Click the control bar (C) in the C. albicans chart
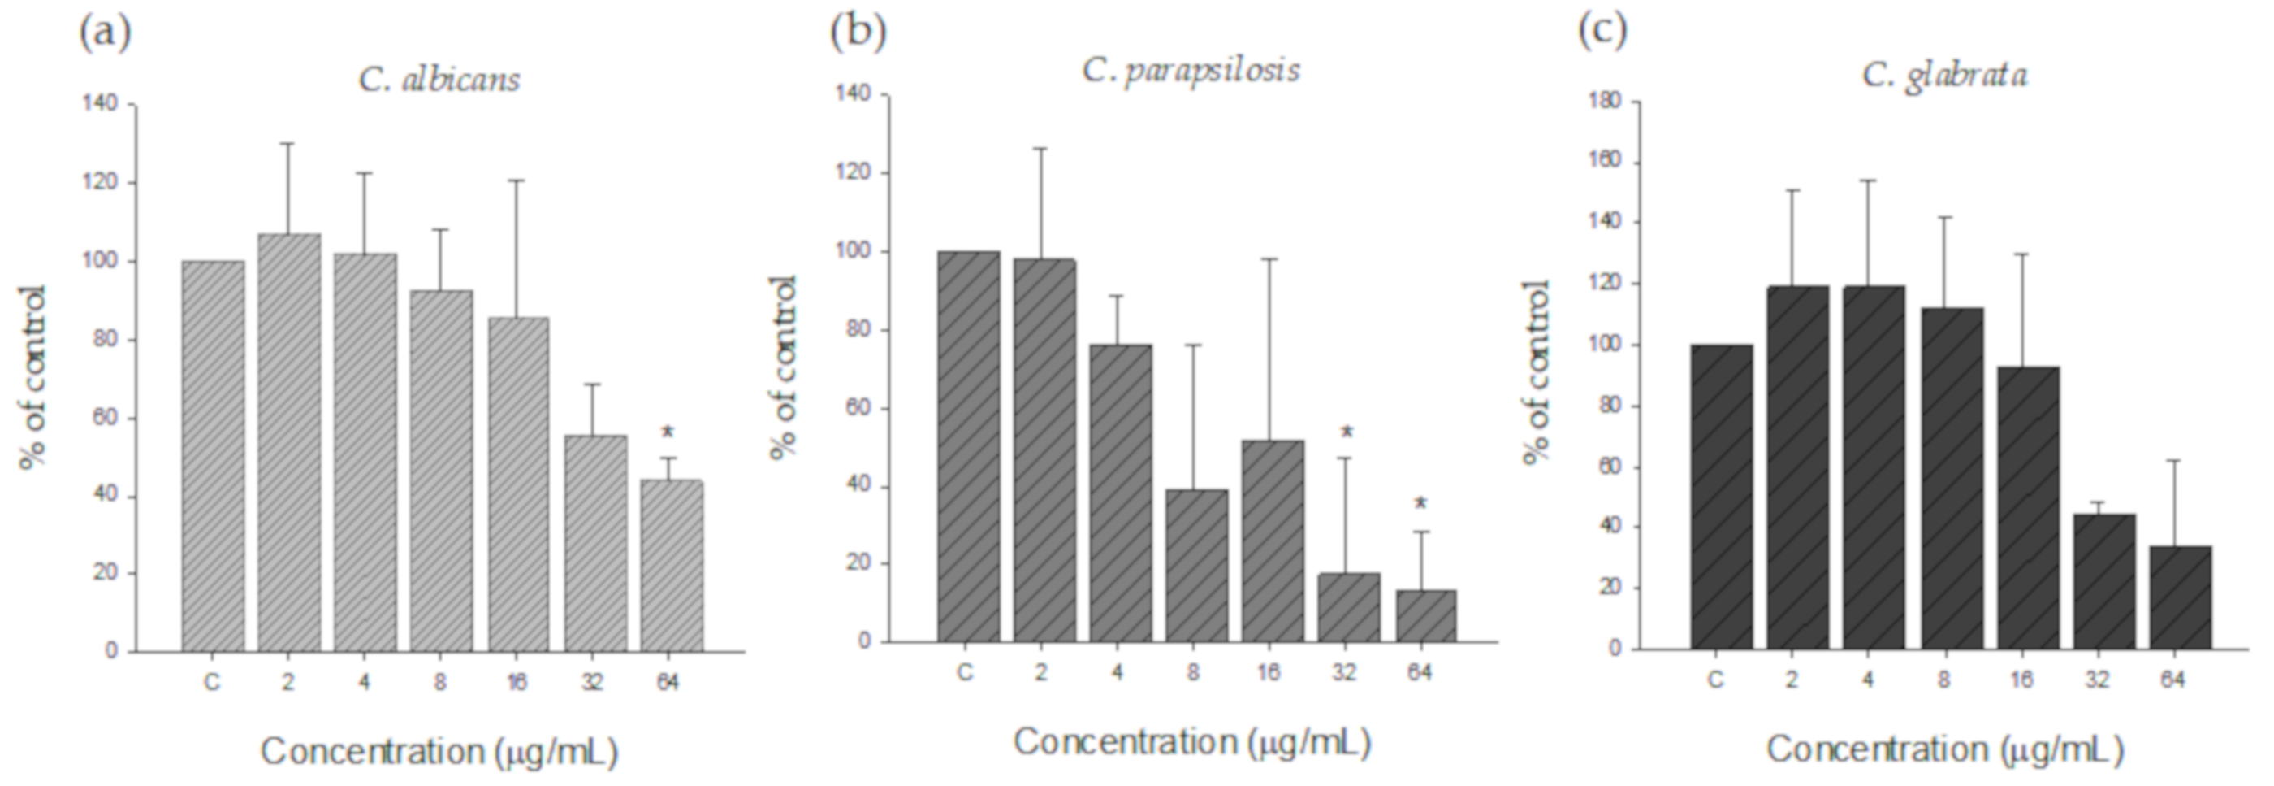pos(213,456)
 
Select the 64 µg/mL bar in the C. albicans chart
pos(672,565)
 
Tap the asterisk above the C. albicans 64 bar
pos(668,432)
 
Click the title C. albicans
pos(439,80)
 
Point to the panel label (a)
pos(104,33)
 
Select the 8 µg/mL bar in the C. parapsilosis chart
pos(1196,565)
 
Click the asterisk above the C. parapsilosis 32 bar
pos(1347,432)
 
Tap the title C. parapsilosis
pos(1191,70)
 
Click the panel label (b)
pos(858,32)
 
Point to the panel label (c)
pos(1602,32)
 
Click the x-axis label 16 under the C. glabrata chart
pos(2021,680)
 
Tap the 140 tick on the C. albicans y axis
pos(100,105)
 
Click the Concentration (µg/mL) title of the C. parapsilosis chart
pos(1191,742)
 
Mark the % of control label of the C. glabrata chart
pos(1537,371)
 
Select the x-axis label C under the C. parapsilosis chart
pos(966,673)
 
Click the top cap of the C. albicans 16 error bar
pos(518,180)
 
